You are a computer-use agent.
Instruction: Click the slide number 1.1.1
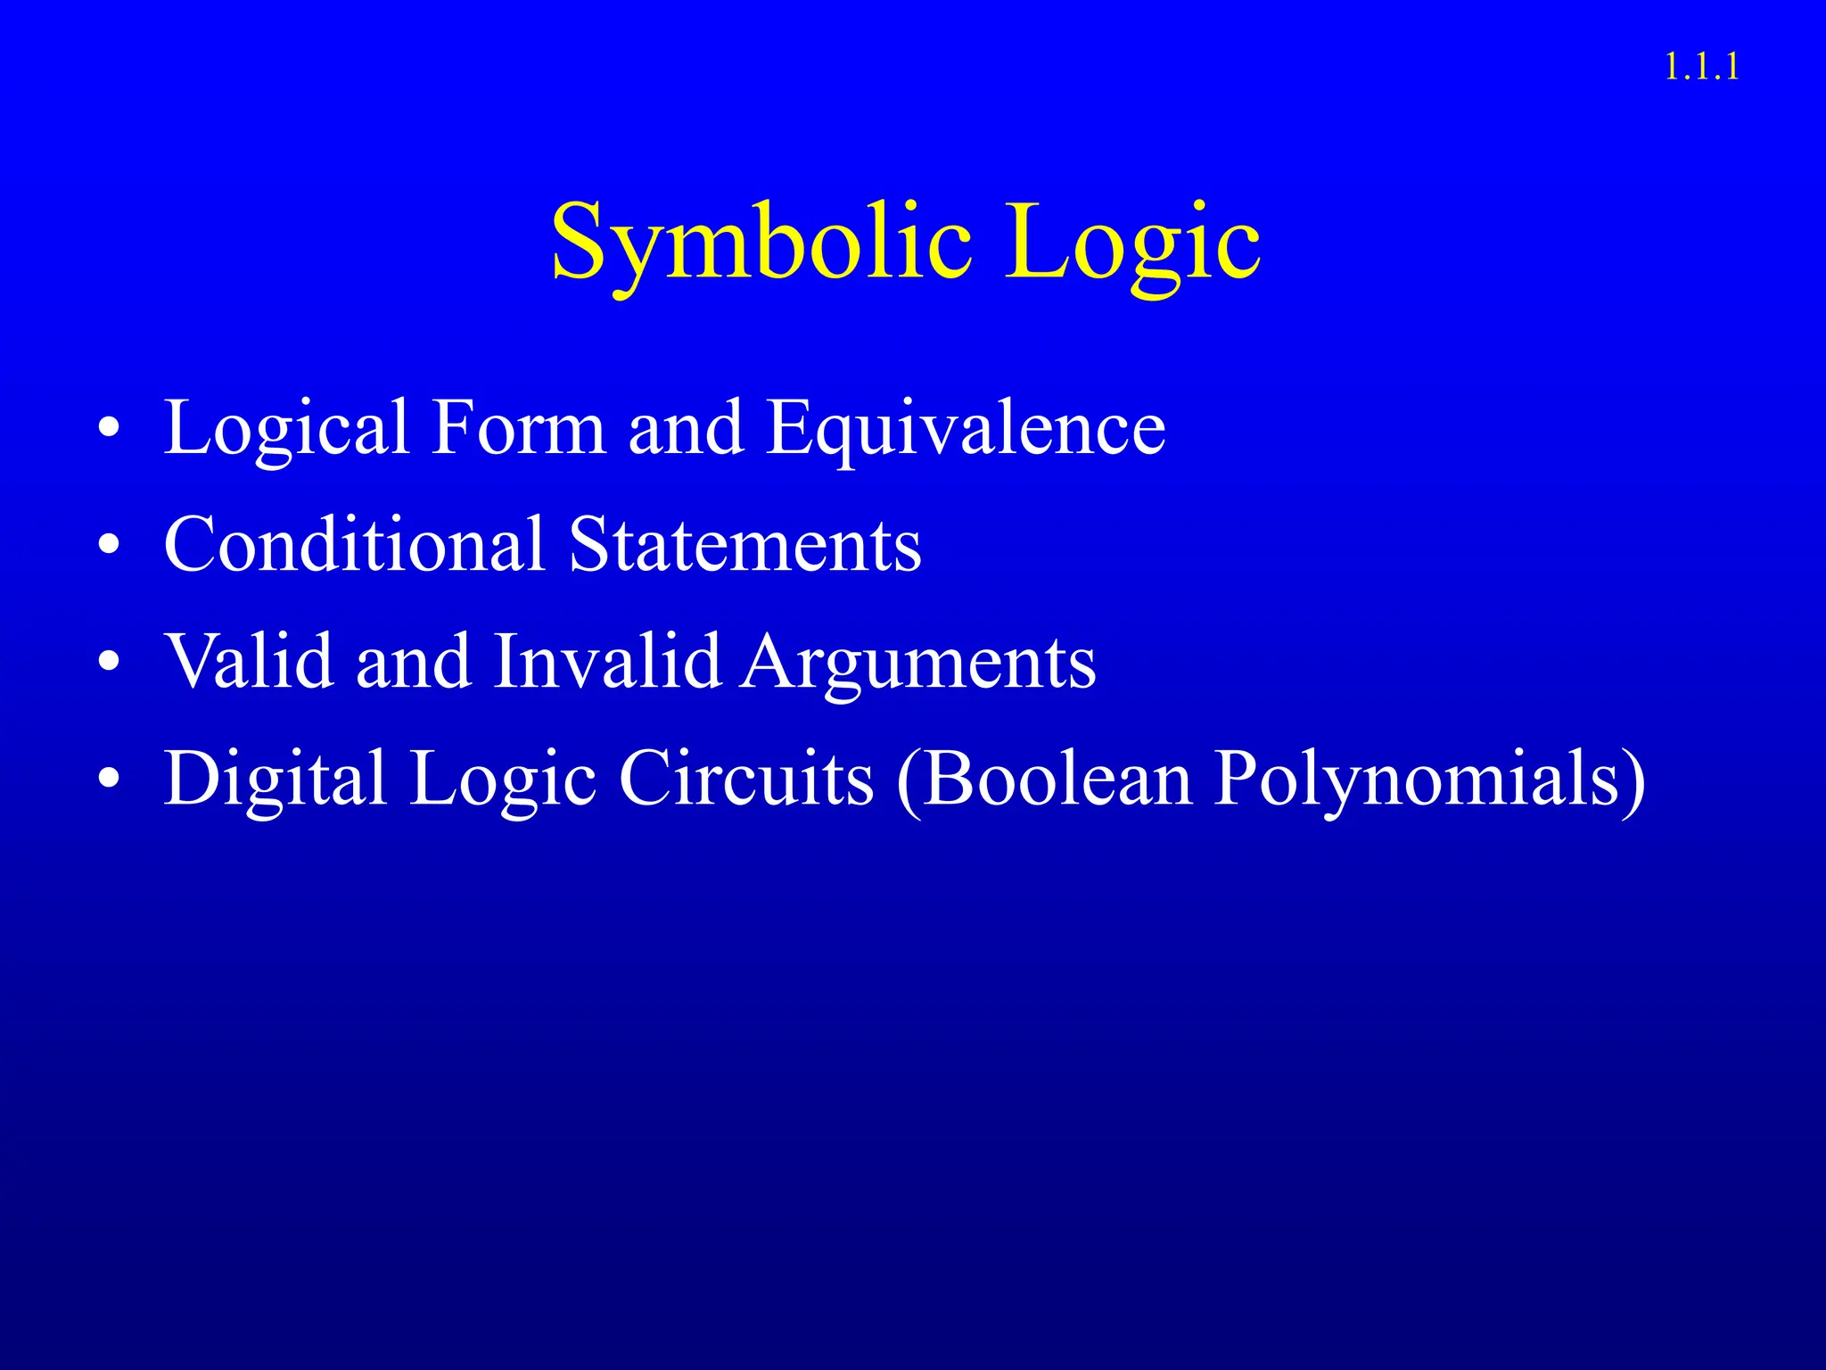(x=1701, y=68)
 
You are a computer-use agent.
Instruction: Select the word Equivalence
(x=966, y=429)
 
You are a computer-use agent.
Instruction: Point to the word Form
(x=518, y=429)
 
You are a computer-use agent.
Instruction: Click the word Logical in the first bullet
(x=286, y=429)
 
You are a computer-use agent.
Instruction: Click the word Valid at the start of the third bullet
(x=250, y=662)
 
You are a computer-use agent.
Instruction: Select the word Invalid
(x=606, y=662)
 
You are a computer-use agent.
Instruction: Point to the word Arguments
(x=919, y=662)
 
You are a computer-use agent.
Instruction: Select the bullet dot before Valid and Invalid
(x=109, y=662)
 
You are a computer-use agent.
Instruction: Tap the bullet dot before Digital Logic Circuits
(x=109, y=779)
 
